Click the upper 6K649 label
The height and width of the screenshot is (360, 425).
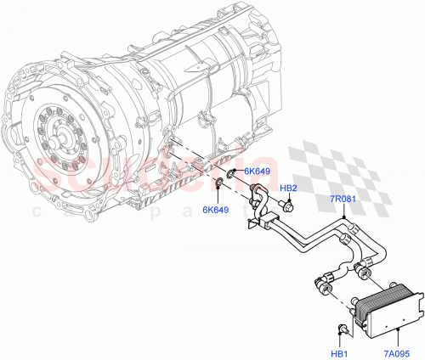coord(258,172)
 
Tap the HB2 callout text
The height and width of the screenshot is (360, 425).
coord(288,188)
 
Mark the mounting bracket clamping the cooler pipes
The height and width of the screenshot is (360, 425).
coord(257,222)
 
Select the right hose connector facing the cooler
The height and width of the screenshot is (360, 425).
coord(362,272)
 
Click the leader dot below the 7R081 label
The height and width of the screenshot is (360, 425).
coord(343,218)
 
